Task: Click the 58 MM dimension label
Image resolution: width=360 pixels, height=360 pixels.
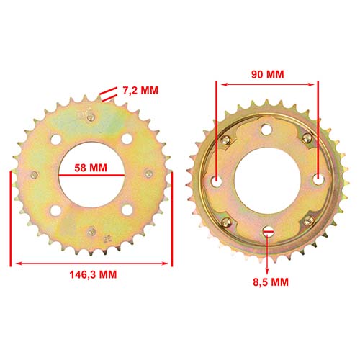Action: coord(91,168)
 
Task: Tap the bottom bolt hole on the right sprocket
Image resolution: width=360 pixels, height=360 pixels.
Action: coord(268,231)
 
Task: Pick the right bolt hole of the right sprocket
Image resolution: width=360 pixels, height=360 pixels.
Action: coord(318,180)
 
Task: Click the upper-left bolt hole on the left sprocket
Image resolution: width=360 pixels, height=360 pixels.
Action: coord(57,141)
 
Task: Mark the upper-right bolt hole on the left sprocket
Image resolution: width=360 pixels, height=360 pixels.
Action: coord(127,140)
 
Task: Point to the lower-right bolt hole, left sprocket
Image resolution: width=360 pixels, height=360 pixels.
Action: coord(127,210)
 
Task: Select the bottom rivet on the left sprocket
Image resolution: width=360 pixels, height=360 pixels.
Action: coord(92,230)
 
